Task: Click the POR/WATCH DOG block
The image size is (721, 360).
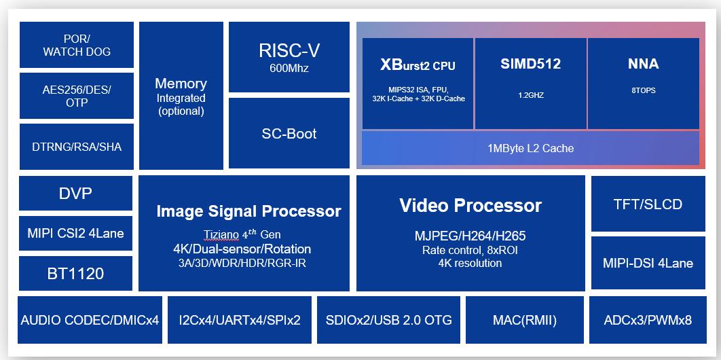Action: tap(77, 45)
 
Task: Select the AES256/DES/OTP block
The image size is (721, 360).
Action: tap(77, 96)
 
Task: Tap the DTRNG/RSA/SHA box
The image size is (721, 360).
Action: tap(77, 147)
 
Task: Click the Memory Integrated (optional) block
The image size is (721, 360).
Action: tap(181, 96)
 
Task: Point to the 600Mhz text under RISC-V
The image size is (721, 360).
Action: tap(289, 69)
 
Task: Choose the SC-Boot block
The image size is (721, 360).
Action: tap(289, 133)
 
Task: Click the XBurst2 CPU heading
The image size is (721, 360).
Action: tap(418, 65)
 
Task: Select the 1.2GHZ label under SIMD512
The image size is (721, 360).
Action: tap(531, 96)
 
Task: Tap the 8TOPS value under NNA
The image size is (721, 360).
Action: tap(644, 90)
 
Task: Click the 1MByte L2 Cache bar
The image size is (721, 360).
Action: tap(531, 148)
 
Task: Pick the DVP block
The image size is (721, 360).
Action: tap(76, 193)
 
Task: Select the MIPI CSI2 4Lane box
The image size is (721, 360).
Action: tap(76, 233)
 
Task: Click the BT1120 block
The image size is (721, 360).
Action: tap(76, 274)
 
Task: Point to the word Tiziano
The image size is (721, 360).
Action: tap(221, 234)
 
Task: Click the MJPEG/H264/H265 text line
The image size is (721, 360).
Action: tap(470, 236)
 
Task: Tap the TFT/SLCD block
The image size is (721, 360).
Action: tap(648, 204)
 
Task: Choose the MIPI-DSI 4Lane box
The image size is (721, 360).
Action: tap(648, 263)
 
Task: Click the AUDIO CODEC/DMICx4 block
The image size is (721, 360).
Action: tap(90, 320)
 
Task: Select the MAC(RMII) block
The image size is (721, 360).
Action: tap(525, 320)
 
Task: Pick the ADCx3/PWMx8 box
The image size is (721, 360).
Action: tap(648, 320)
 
